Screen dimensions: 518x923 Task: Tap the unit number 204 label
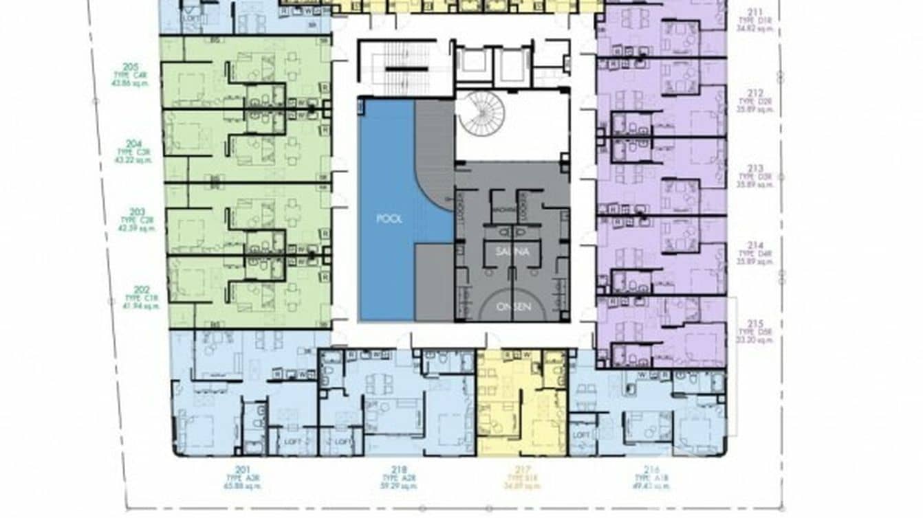pos(134,144)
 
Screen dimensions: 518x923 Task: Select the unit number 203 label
pos(137,212)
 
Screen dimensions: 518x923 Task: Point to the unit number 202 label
pos(142,290)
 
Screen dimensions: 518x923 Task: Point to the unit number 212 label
pos(756,93)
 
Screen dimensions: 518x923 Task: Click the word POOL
pos(389,219)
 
